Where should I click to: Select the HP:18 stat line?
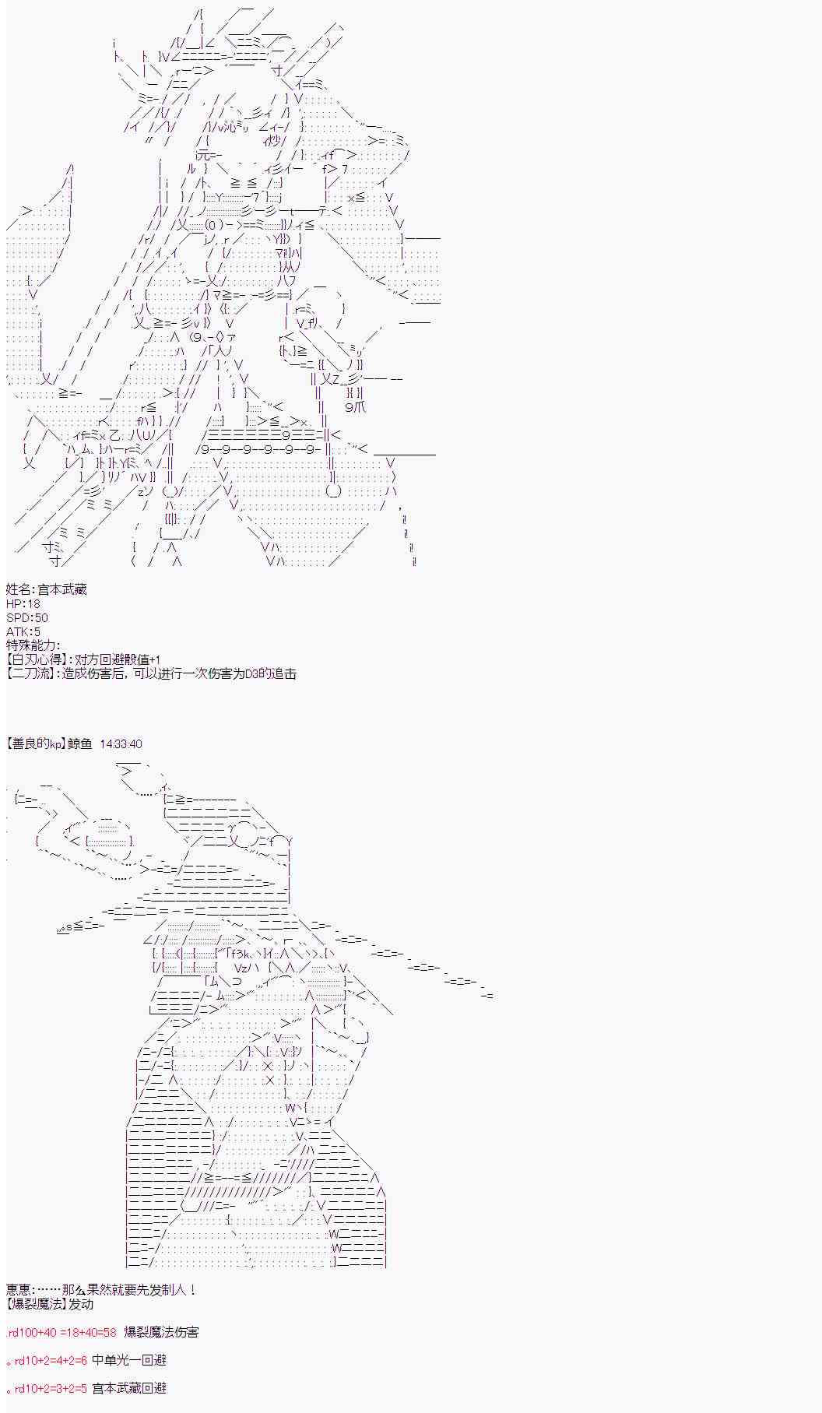pyautogui.click(x=23, y=603)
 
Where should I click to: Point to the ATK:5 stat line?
pyautogui.click(x=23, y=631)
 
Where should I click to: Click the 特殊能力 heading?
pyautogui.click(x=31, y=645)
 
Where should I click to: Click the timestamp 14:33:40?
pyautogui.click(x=121, y=743)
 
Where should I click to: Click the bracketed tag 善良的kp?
pyautogui.click(x=36, y=743)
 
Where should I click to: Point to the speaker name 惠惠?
pyautogui.click(x=18, y=1290)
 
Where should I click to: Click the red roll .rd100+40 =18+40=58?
pyautogui.click(x=61, y=1332)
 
